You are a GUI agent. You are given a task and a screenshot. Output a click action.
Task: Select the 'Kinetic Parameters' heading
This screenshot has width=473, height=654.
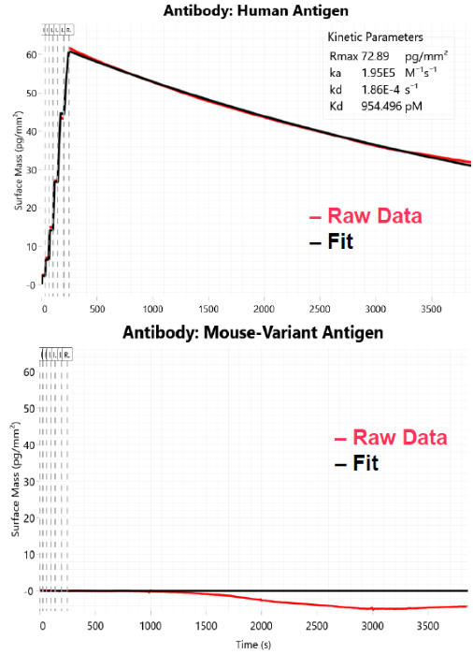(x=376, y=37)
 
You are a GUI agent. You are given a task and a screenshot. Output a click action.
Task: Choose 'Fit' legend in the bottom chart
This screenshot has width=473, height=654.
(x=364, y=462)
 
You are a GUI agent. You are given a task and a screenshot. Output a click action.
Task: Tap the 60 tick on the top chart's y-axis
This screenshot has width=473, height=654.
(x=31, y=55)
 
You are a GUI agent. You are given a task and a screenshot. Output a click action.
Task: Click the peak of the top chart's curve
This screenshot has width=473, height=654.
(x=69, y=49)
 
